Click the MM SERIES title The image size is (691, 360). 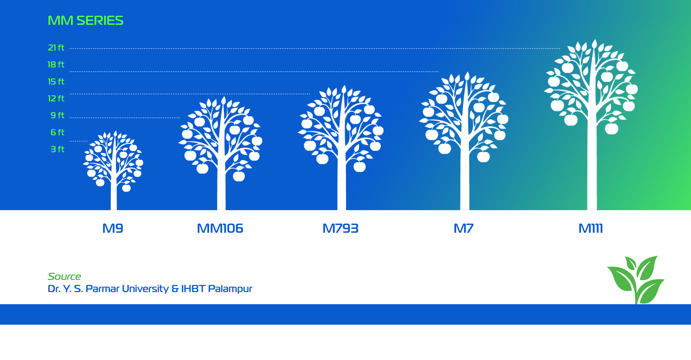[85, 21]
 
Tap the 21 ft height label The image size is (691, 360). [56, 48]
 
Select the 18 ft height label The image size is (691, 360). [56, 64]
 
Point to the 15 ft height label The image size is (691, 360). [56, 81]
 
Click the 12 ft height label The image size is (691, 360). [56, 98]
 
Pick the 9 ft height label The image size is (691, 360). [57, 115]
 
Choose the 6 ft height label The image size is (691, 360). [57, 132]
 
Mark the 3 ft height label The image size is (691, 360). [57, 149]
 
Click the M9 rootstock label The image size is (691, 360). [113, 228]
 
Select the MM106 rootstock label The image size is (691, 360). [220, 228]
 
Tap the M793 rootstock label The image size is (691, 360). [340, 228]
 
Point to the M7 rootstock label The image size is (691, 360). [464, 228]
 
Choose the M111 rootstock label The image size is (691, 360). [591, 228]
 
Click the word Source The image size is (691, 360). [64, 276]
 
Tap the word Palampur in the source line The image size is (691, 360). [230, 289]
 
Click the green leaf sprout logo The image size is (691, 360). [636, 280]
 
